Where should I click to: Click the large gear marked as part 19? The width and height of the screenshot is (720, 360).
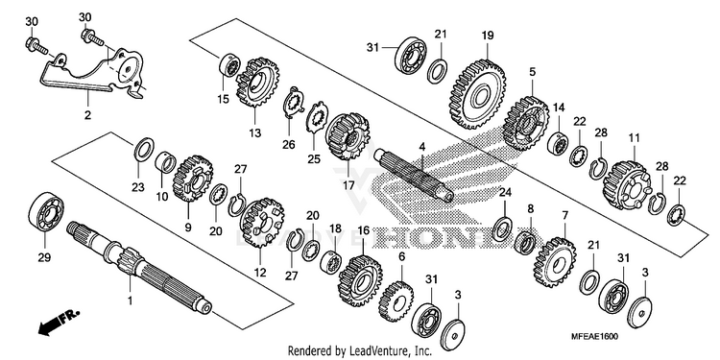477,94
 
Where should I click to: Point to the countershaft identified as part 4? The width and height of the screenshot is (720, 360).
414,176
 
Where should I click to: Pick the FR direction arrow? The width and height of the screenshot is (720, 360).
59,323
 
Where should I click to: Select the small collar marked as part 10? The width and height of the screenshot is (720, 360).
167,163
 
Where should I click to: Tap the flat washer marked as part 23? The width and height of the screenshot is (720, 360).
143,149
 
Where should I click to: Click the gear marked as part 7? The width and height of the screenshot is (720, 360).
555,262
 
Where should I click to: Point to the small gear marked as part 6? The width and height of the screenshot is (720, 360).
396,300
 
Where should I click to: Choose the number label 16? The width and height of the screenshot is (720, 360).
363,230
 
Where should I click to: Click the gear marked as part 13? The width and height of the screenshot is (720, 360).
257,83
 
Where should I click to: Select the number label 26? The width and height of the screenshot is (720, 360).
288,145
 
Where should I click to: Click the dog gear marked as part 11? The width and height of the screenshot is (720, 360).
626,184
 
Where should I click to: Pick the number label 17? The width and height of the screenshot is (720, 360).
348,186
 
